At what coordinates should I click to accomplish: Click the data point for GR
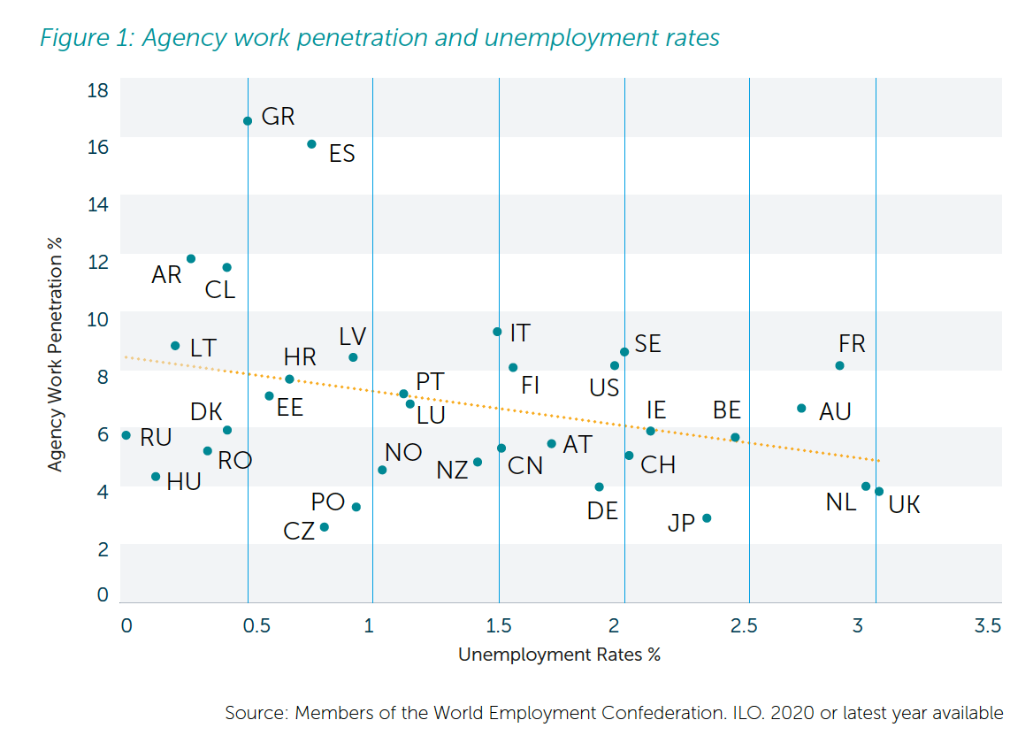248,121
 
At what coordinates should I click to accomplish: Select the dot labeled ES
311,144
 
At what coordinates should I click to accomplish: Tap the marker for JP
707,518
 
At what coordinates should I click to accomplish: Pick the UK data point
879,492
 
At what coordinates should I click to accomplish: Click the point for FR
839,366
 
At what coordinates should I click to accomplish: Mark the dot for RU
126,435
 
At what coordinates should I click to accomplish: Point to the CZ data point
324,527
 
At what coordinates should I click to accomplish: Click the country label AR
166,275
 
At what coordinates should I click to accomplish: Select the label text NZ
452,471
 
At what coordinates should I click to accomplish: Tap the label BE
726,410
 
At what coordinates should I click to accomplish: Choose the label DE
602,511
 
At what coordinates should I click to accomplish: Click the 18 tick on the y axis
98,90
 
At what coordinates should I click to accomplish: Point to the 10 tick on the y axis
98,319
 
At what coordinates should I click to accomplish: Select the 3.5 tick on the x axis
988,627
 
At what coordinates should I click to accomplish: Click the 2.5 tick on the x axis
745,627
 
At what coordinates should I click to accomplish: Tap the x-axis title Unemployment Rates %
559,655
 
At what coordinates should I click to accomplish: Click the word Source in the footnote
254,713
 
